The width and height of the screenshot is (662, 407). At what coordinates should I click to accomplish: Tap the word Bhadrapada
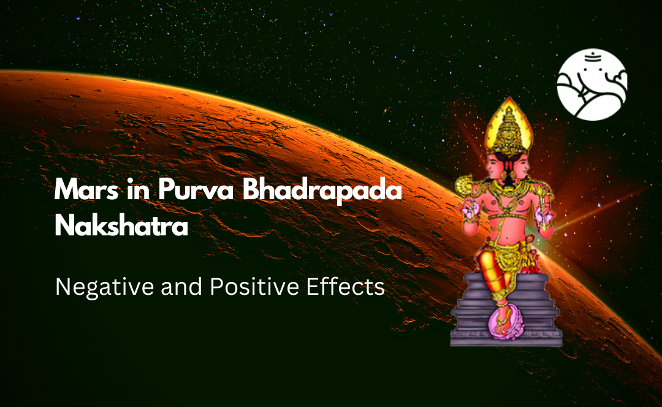coord(322,191)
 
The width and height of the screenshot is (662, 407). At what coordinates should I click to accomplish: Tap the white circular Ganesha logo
coord(592,85)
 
